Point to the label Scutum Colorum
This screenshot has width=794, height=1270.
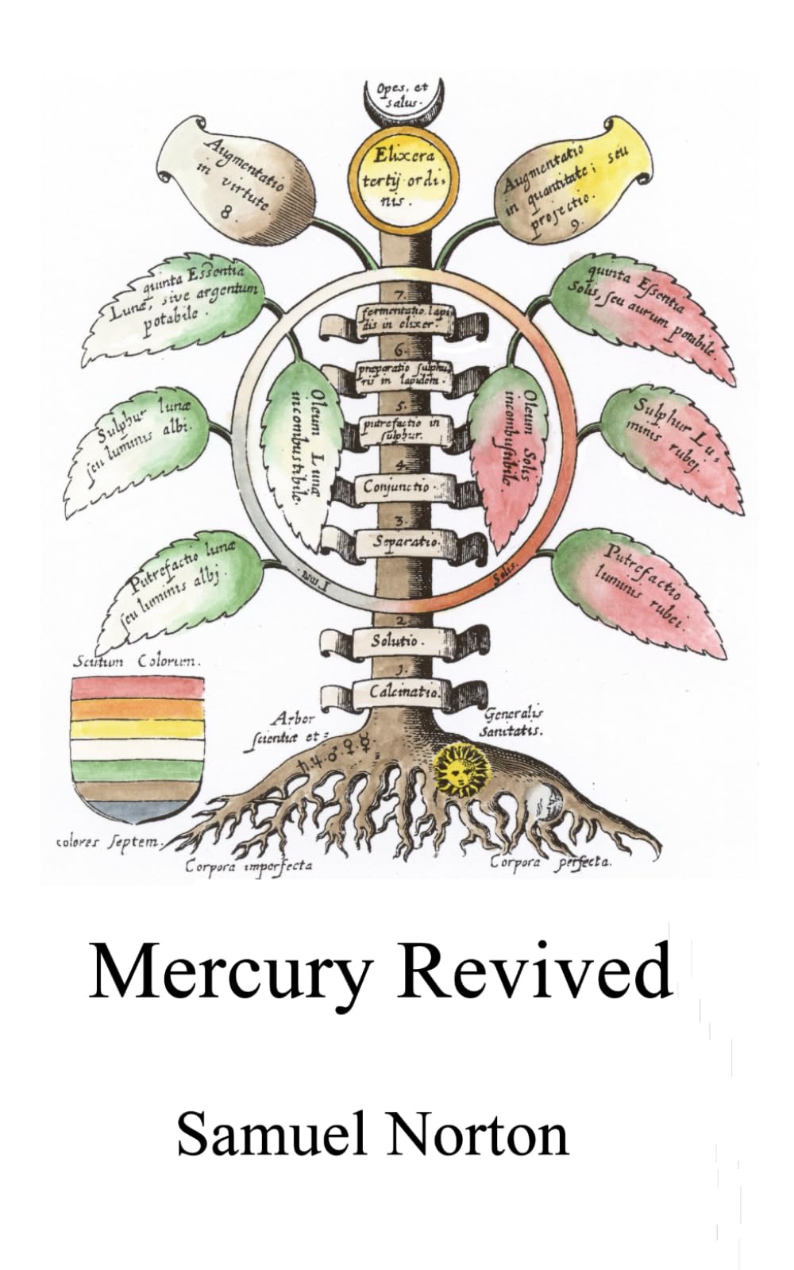137,661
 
